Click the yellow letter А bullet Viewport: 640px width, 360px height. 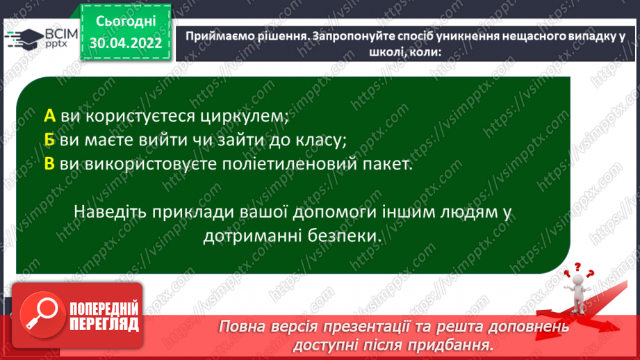coord(49,116)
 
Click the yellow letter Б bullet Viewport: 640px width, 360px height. coord(49,140)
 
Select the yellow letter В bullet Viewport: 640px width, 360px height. coord(49,164)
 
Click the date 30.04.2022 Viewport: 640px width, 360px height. coord(126,43)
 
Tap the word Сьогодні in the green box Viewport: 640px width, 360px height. coord(126,22)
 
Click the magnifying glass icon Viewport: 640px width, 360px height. coord(42,315)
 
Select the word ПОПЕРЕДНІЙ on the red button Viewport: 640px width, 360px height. coord(104,309)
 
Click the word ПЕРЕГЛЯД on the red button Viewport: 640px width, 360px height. coord(104,325)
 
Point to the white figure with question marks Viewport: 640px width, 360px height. coord(578,288)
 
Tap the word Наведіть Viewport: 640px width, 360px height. coord(110,212)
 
